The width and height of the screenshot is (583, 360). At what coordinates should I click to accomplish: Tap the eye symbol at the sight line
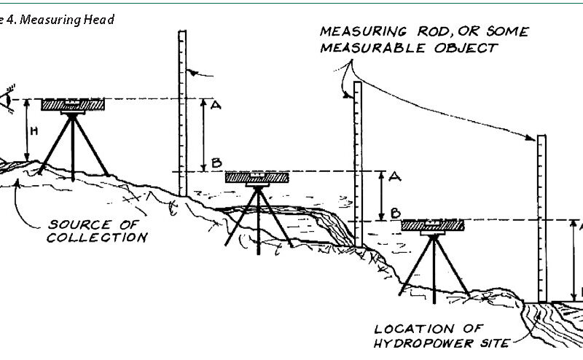pos(8,99)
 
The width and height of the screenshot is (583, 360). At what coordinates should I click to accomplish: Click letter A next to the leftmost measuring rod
pos(215,106)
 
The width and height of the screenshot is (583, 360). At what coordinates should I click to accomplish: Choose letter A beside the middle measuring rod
pos(394,177)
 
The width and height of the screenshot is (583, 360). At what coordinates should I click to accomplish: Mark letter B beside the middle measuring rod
pos(395,213)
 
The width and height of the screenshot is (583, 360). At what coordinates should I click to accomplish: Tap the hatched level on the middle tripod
pos(257,177)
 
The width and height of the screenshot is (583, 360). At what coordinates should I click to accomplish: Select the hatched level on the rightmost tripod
pos(434,225)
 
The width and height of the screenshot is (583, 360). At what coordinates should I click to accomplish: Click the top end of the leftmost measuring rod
pos(182,33)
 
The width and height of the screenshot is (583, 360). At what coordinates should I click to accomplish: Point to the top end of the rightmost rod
pos(541,138)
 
